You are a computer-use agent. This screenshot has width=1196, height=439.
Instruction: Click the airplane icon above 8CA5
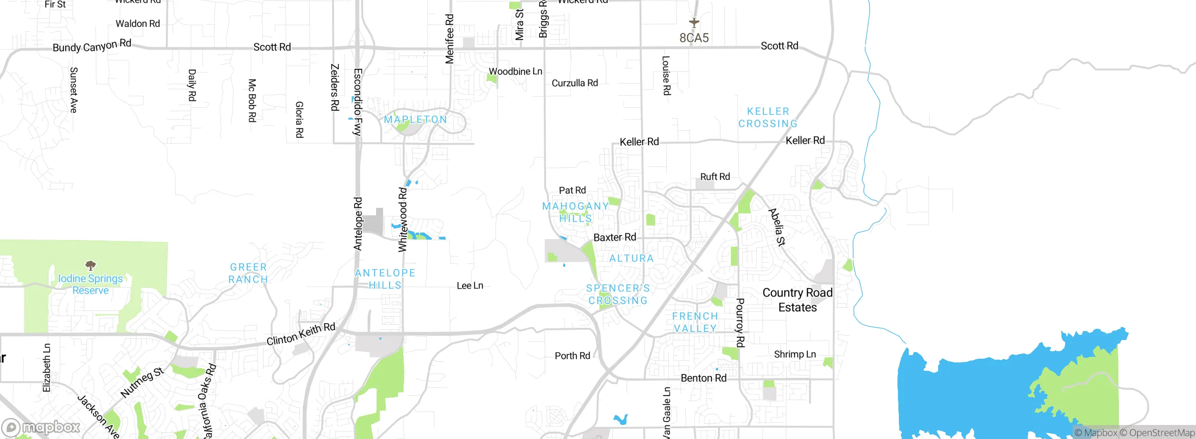(x=694, y=22)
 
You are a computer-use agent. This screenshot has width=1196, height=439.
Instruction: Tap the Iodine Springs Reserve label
(x=90, y=284)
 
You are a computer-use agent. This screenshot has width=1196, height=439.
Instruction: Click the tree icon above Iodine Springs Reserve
(x=91, y=266)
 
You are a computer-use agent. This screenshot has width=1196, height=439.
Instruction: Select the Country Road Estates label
(x=797, y=300)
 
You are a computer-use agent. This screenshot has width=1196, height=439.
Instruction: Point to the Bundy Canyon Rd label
(x=92, y=46)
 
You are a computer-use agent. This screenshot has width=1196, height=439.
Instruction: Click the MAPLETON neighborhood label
(x=415, y=120)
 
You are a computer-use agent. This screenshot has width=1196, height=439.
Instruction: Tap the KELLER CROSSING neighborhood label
(x=768, y=118)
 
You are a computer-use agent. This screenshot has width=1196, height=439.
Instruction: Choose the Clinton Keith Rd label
(x=301, y=334)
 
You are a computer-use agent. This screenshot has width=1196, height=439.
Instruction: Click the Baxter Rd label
(x=614, y=237)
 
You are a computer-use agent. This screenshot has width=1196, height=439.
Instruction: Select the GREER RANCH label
(x=248, y=273)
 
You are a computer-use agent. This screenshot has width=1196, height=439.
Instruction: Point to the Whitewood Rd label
(x=403, y=219)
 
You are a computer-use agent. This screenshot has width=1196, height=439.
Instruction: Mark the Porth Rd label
(x=572, y=356)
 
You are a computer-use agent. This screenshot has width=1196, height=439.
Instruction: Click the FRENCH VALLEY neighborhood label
(x=695, y=322)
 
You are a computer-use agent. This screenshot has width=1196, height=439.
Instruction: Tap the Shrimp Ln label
(x=795, y=354)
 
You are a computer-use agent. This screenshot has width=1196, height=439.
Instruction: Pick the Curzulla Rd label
(x=575, y=83)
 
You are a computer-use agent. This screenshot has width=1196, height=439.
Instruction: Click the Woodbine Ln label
(x=515, y=71)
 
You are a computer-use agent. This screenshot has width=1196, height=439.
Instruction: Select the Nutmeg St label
(x=142, y=382)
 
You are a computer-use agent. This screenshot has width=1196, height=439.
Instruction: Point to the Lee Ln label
(x=470, y=286)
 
